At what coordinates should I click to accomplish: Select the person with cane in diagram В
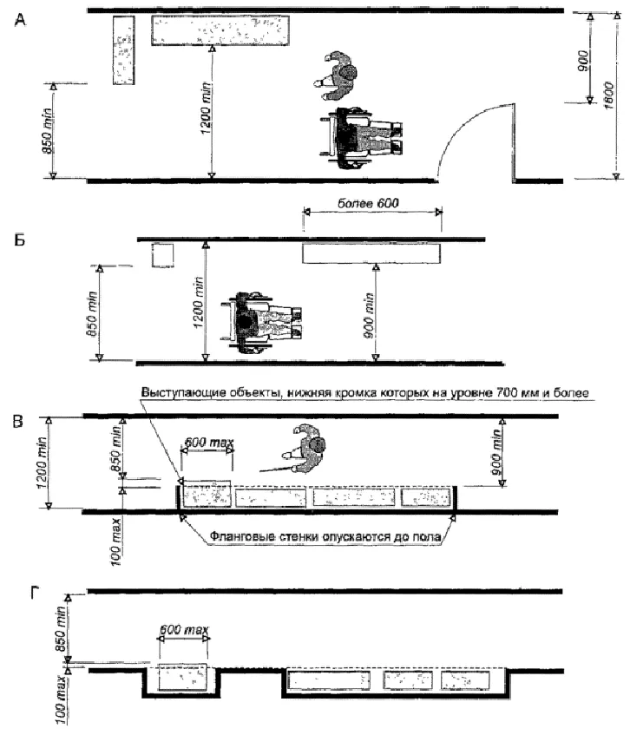[x=306, y=450]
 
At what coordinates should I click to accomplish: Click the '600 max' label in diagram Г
[x=184, y=633]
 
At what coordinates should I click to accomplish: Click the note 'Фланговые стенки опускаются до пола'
[x=326, y=537]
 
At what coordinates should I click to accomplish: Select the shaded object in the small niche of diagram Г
[x=183, y=679]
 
